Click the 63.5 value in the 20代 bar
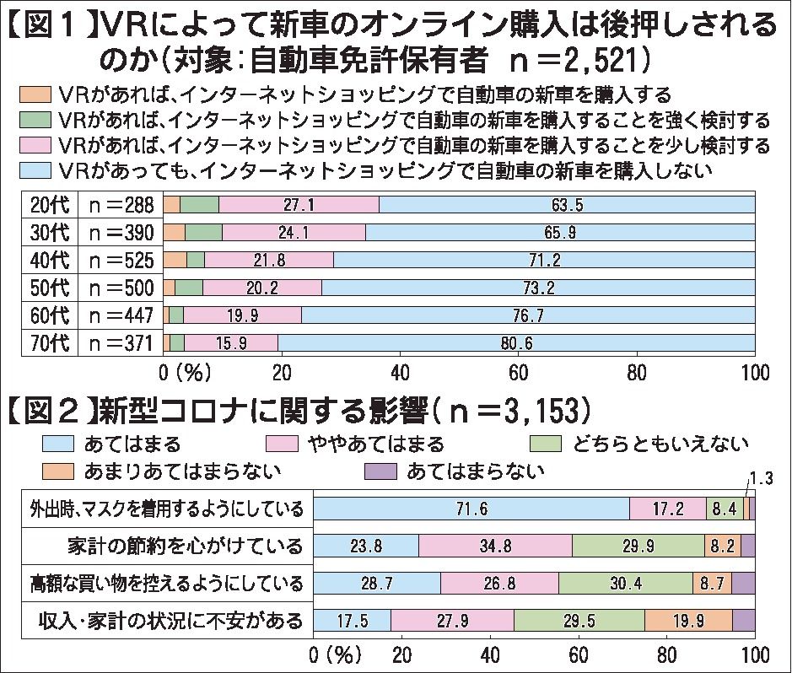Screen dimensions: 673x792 [x=567, y=205]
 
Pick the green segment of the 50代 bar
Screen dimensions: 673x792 [x=189, y=288]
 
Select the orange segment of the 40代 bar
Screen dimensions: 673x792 [x=175, y=260]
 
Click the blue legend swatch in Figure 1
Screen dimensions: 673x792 [x=32, y=170]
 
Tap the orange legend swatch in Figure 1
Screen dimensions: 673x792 [x=32, y=92]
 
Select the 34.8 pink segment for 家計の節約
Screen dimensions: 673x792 [x=495, y=546]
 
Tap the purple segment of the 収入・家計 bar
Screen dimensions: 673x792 [x=743, y=621]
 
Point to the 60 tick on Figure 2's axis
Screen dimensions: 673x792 [x=578, y=654]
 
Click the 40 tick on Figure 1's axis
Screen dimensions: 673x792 [x=400, y=372]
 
